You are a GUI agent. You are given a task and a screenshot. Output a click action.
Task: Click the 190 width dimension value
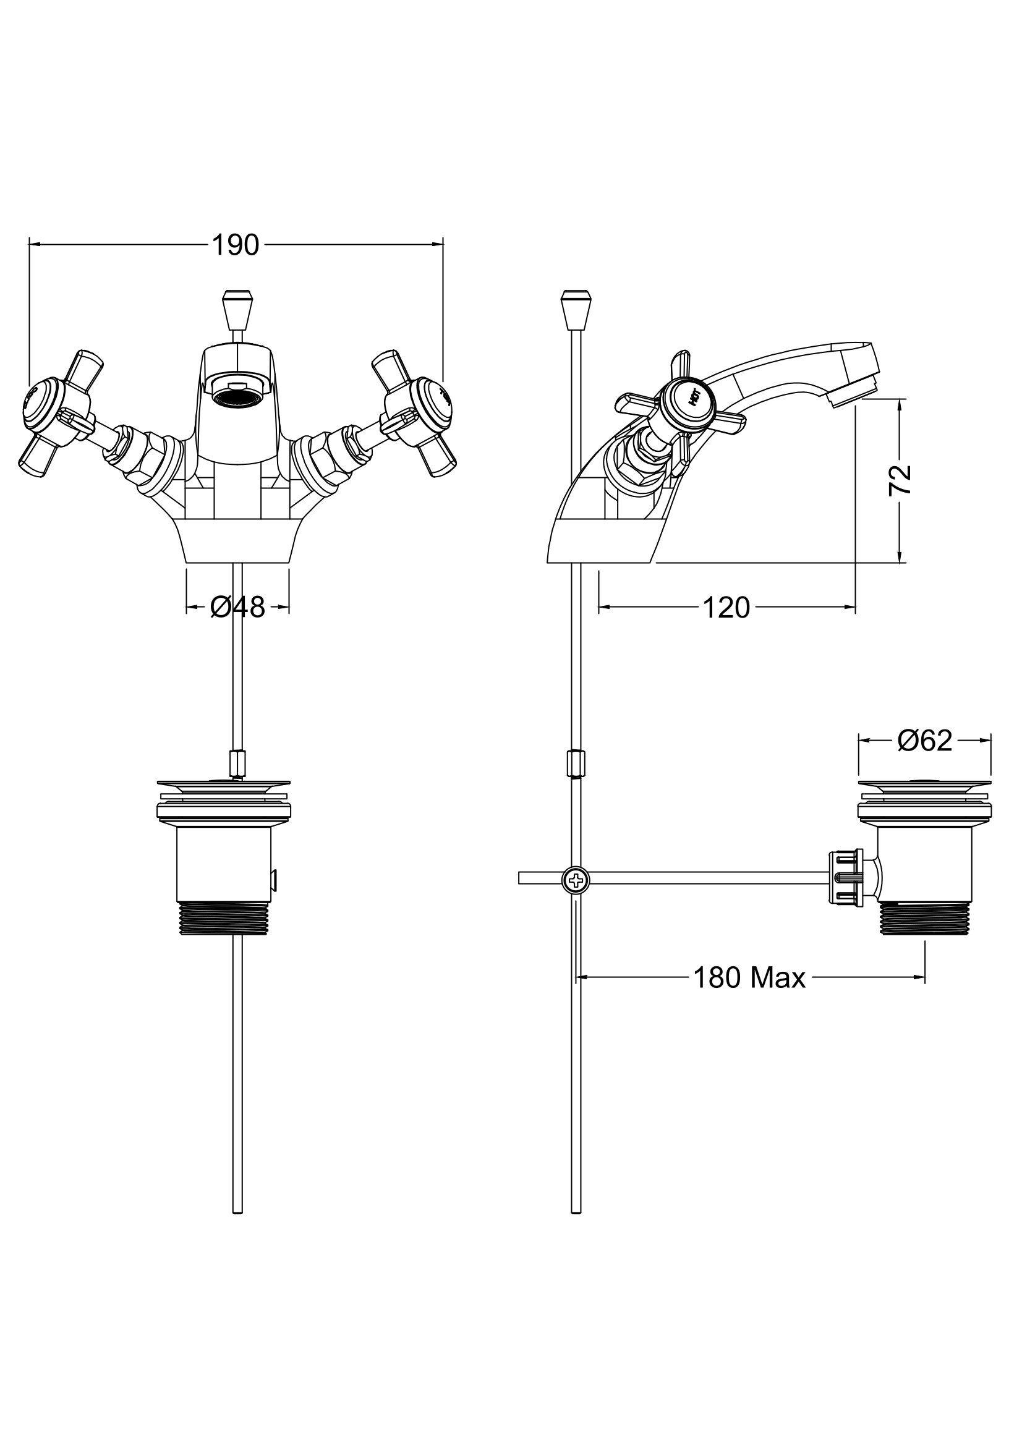click(236, 245)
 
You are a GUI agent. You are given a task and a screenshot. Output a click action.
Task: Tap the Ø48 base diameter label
click(237, 607)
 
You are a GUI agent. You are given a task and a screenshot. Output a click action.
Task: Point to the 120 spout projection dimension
click(726, 608)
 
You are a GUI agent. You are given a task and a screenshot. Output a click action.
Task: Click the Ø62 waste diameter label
click(925, 741)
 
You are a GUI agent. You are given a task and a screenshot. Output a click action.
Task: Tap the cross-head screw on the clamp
click(575, 879)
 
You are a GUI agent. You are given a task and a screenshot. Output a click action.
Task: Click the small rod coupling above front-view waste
click(237, 763)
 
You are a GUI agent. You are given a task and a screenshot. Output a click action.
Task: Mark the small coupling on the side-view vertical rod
click(575, 763)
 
